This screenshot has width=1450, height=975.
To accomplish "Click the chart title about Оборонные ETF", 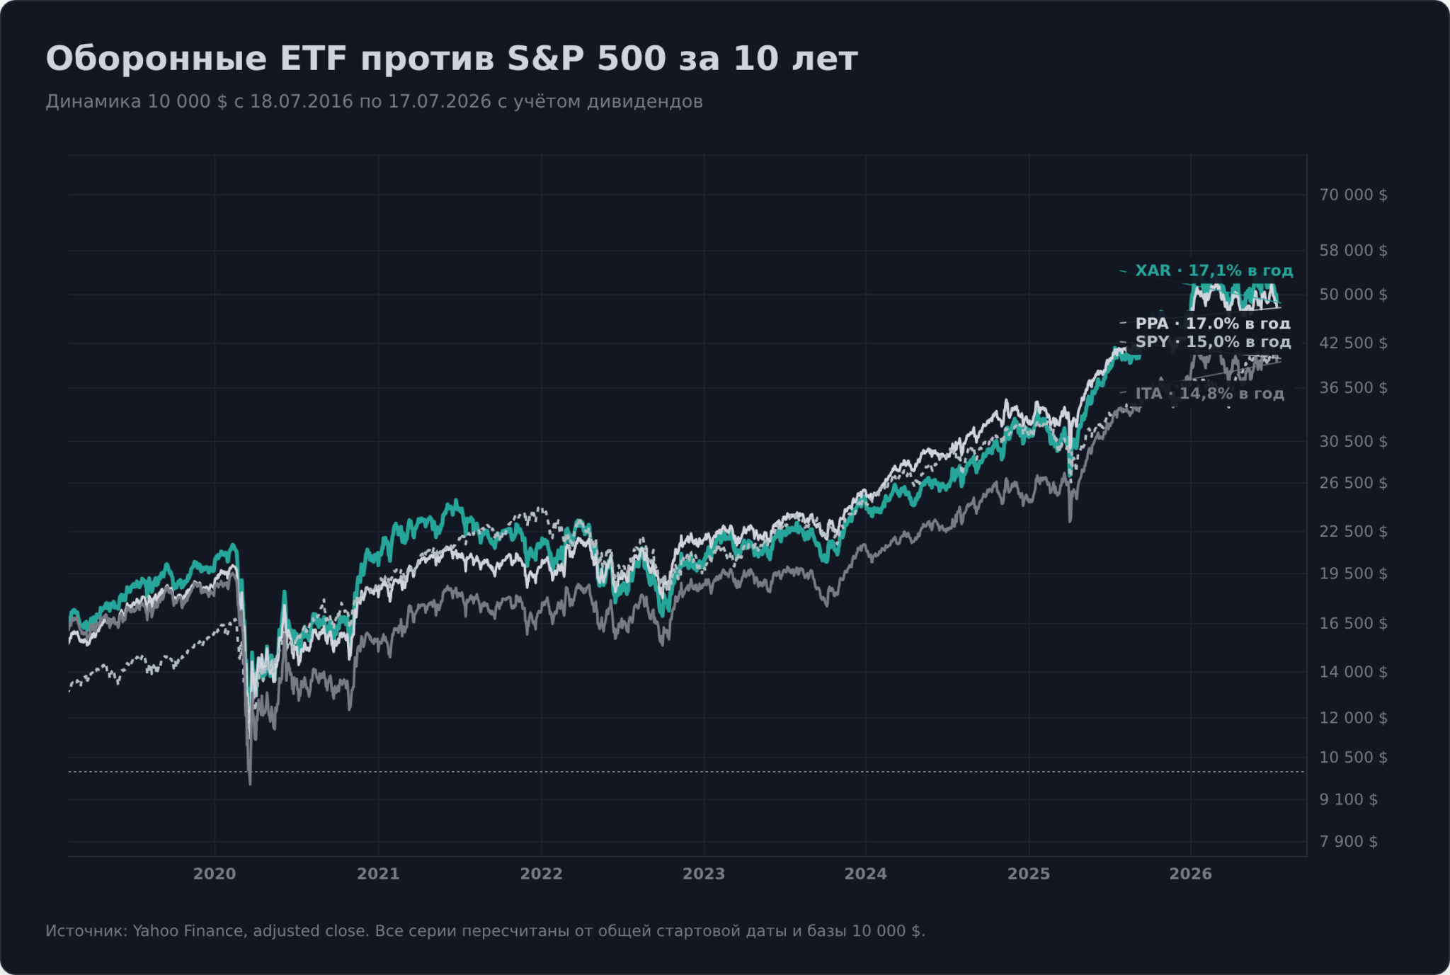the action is click(452, 59).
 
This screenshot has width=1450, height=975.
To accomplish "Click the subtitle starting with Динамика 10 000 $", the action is click(374, 101).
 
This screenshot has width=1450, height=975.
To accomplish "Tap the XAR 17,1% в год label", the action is click(1214, 270).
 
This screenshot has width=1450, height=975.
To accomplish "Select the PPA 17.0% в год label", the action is click(1213, 324).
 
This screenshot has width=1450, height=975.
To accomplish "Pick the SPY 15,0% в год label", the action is click(1213, 342).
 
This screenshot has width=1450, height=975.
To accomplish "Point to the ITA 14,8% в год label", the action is click(1209, 394).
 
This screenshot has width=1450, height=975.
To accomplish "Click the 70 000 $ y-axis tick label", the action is click(1353, 195).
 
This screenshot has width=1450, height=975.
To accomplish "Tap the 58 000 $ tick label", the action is click(1353, 251).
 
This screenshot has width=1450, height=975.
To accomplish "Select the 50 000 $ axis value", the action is click(1353, 295).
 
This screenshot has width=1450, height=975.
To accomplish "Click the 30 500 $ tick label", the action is click(1353, 442).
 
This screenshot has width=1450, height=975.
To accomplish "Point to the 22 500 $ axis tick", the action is click(1353, 532).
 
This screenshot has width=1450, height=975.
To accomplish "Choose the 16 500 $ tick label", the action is click(1353, 624).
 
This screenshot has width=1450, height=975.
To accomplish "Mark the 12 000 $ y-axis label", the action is click(1353, 718).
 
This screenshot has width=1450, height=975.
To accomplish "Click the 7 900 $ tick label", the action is click(1348, 842).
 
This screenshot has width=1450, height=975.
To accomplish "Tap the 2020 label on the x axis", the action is click(215, 874).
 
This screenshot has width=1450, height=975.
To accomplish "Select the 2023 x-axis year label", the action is click(704, 874).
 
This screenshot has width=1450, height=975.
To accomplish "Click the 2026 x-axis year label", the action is click(1191, 874).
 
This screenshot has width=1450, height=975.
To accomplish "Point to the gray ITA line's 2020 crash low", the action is click(250, 784).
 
